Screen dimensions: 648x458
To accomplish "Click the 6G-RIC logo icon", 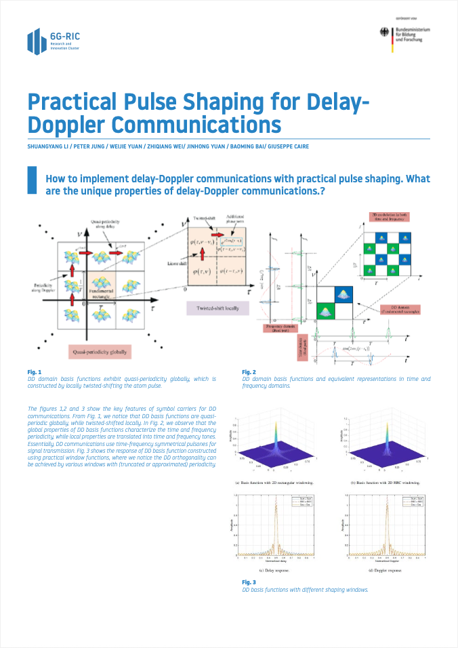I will pyautogui.click(x=37, y=42).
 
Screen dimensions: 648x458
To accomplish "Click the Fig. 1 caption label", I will pyautogui.click(x=34, y=372).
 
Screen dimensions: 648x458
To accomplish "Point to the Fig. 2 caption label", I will pyautogui.click(x=249, y=372).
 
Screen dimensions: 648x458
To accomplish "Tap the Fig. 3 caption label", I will pyautogui.click(x=249, y=582).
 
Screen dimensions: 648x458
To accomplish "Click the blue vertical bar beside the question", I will pyautogui.click(x=30, y=182).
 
